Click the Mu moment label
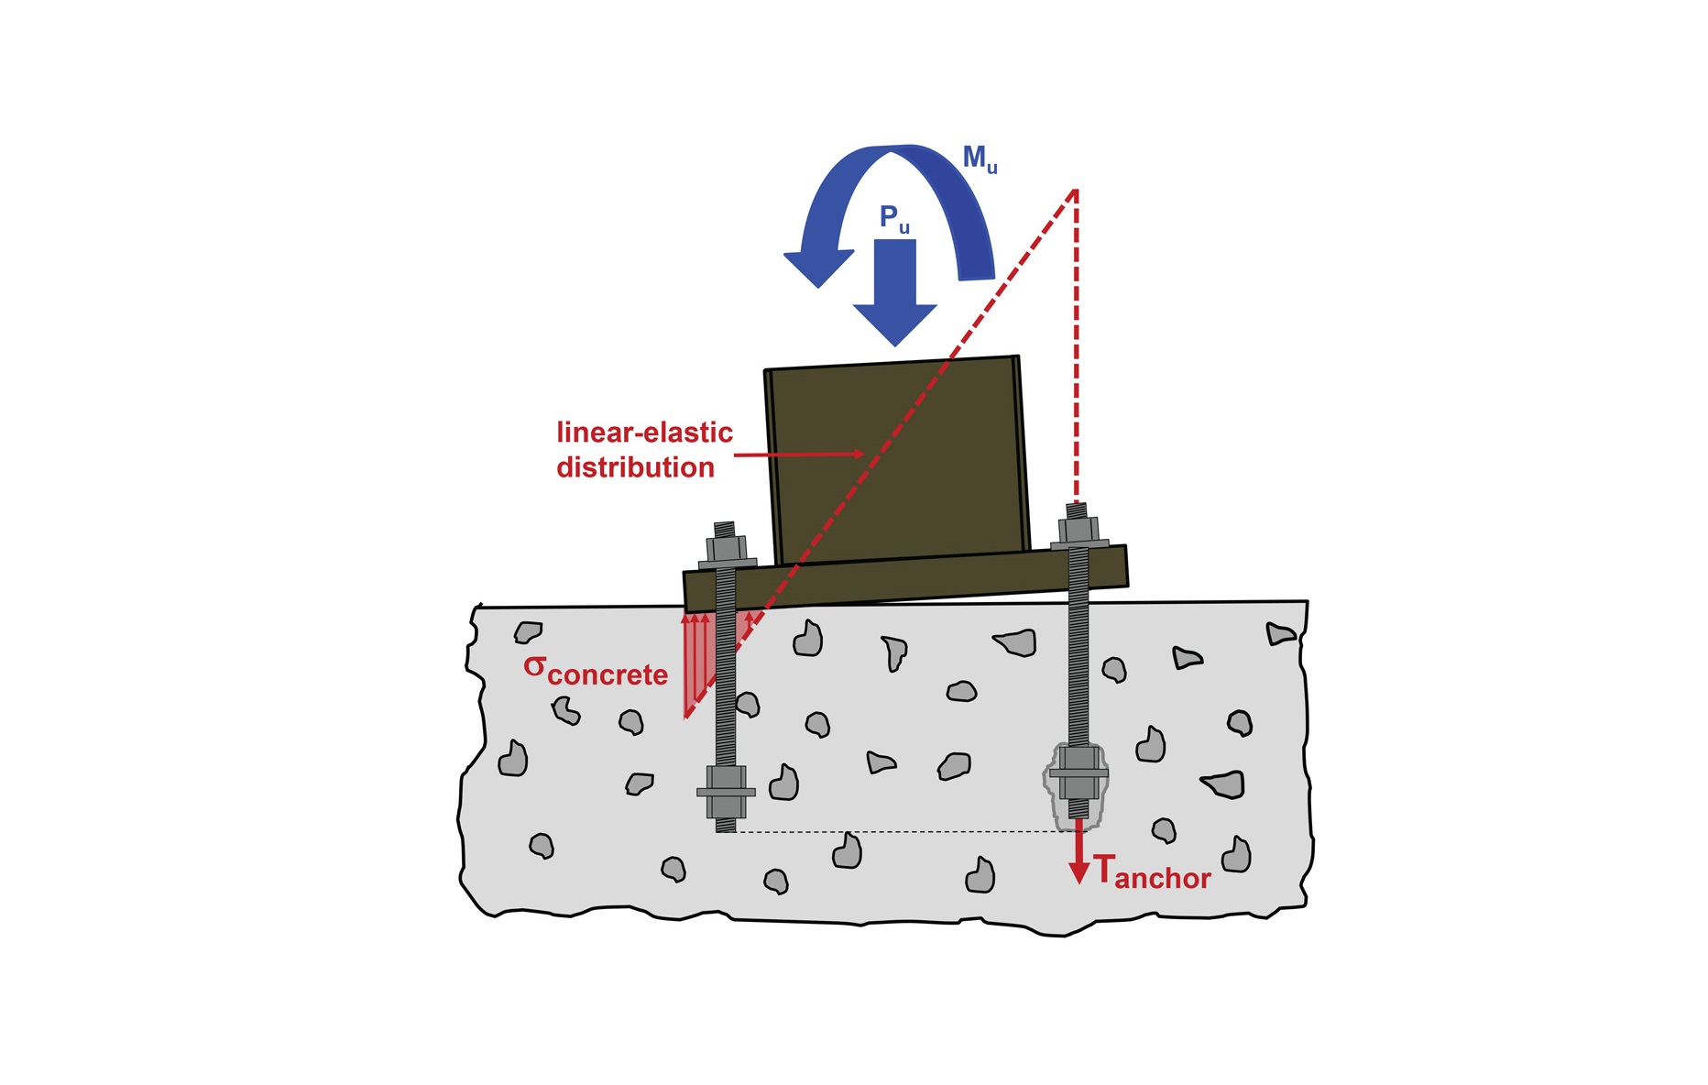(x=980, y=159)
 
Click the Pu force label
(x=894, y=219)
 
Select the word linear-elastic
(x=644, y=433)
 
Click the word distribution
(x=635, y=467)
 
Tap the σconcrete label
(x=596, y=672)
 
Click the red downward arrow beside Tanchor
(x=1079, y=851)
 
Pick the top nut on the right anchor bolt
(x=1078, y=530)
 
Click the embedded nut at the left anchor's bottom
(x=726, y=792)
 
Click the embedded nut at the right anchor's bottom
(x=1078, y=773)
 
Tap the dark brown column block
(x=898, y=460)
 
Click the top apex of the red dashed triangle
(x=1075, y=190)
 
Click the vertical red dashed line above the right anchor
(x=1076, y=346)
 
